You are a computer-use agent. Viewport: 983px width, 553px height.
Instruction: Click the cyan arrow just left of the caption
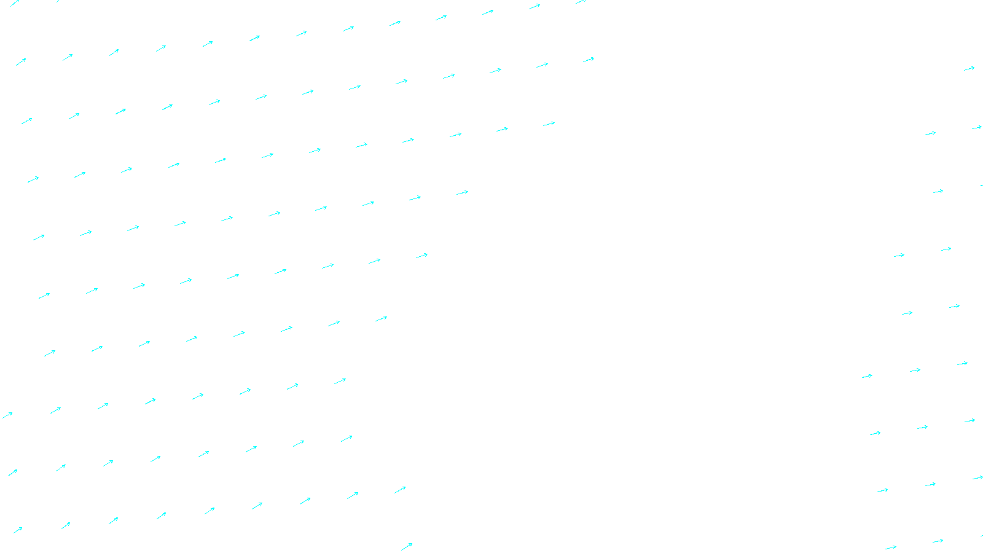[x=407, y=546]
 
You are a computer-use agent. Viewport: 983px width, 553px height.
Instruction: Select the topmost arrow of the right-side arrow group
[x=969, y=68]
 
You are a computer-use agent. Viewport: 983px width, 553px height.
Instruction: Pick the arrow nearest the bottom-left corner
[x=18, y=530]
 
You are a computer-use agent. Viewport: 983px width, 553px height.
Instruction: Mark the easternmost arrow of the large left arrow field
[x=589, y=60]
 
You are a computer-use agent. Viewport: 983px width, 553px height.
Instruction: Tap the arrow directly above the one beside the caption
[x=400, y=490]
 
